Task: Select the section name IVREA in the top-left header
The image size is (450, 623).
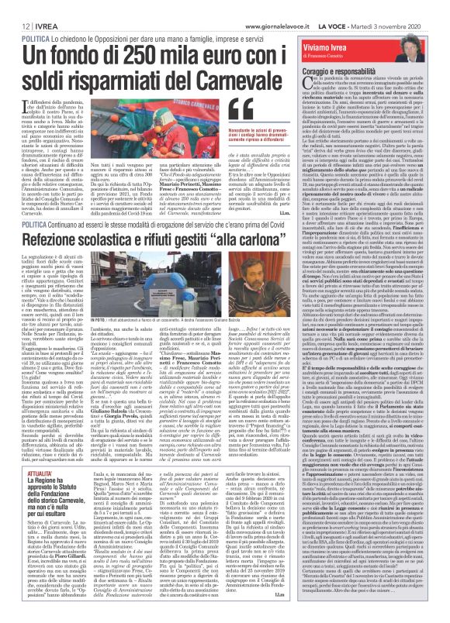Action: tap(36, 6)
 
